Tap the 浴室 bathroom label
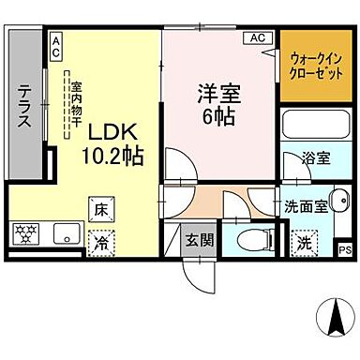(316, 157)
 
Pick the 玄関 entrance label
(199, 238)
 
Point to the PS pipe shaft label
(344, 249)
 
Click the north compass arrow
(334, 312)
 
